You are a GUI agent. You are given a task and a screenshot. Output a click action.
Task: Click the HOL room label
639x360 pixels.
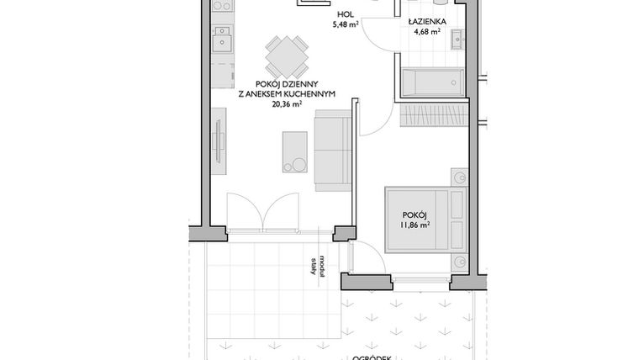point(345,15)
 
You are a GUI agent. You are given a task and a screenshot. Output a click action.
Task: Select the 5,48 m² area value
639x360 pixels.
point(345,25)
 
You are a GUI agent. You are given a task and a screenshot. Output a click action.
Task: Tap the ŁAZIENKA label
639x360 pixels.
point(427,22)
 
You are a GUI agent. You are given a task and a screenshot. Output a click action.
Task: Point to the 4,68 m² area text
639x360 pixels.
point(427,33)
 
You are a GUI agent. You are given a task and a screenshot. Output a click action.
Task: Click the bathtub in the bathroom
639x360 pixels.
point(432,82)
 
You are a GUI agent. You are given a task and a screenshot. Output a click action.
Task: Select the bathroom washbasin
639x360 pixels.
point(457,38)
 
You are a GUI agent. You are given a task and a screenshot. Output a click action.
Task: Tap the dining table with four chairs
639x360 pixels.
point(286,57)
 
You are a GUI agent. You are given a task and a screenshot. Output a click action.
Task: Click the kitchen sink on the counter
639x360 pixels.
point(222,40)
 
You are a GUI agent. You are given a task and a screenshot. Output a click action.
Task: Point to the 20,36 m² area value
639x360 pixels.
point(286,106)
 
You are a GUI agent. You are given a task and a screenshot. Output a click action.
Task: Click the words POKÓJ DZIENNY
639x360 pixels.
point(286,85)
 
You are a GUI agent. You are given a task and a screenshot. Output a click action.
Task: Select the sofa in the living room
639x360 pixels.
point(334,152)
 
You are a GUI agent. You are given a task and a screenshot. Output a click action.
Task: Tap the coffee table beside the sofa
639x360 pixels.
point(295,153)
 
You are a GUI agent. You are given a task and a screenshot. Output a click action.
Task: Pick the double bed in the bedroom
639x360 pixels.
point(425,219)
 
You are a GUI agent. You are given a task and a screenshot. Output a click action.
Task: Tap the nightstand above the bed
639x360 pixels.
point(459,177)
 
